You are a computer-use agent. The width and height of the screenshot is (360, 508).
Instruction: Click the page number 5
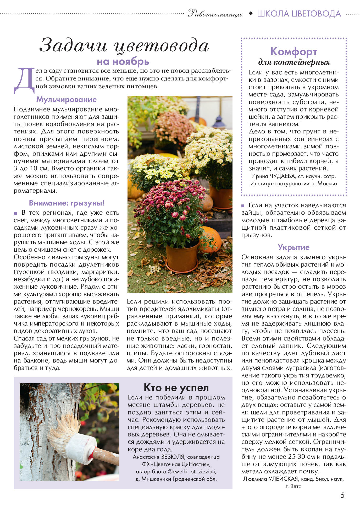tap(342, 495)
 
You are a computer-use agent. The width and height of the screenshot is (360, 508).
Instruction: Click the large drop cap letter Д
tap(24, 81)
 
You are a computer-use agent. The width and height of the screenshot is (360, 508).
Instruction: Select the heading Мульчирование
tap(66, 100)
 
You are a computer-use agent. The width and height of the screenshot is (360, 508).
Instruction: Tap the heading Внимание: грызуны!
tap(67, 203)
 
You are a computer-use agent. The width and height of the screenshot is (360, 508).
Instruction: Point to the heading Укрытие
tap(293, 247)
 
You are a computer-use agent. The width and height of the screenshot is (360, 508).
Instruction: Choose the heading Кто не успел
tap(176, 387)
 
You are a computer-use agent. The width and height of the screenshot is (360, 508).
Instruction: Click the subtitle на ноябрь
tap(123, 62)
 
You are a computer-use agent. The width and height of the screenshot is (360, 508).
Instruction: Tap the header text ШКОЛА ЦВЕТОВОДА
tap(299, 14)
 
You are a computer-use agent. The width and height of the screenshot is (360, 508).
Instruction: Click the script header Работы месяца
tap(215, 14)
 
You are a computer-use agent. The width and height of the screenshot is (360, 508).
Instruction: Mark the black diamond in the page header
tap(251, 13)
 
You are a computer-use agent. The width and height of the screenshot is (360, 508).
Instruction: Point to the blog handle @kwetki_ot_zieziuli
tap(192, 472)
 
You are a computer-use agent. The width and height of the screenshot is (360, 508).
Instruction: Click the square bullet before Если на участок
tap(243, 206)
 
